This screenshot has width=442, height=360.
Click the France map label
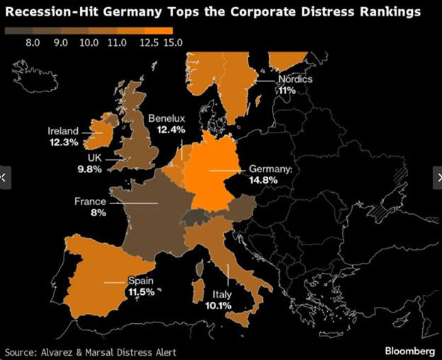point(90,202)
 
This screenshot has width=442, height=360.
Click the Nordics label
point(295,79)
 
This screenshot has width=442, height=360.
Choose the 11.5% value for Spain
point(141,291)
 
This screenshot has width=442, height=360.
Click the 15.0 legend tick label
point(173,43)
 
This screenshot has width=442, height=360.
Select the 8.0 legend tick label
point(33,43)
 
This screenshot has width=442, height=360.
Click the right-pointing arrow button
point(436,177)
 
